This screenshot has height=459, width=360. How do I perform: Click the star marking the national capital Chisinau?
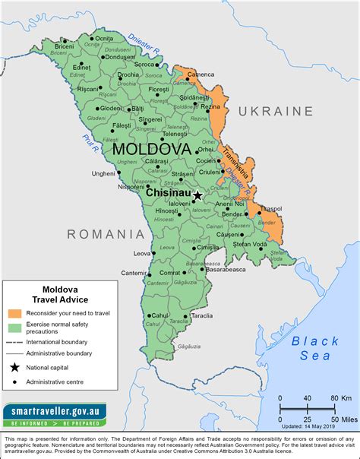(x=197, y=195)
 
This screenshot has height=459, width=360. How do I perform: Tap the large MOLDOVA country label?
(x=151, y=150)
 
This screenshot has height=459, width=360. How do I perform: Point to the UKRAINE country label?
(x=276, y=111)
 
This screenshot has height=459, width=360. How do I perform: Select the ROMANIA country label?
(x=106, y=233)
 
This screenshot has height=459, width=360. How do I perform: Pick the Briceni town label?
(x=65, y=46)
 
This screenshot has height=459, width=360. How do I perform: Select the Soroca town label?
(x=144, y=65)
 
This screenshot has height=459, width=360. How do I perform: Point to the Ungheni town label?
(x=103, y=173)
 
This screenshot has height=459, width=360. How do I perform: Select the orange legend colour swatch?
(x=15, y=313)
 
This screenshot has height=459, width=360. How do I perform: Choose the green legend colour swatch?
(x=15, y=327)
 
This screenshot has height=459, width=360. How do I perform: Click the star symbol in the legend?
(x=15, y=368)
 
